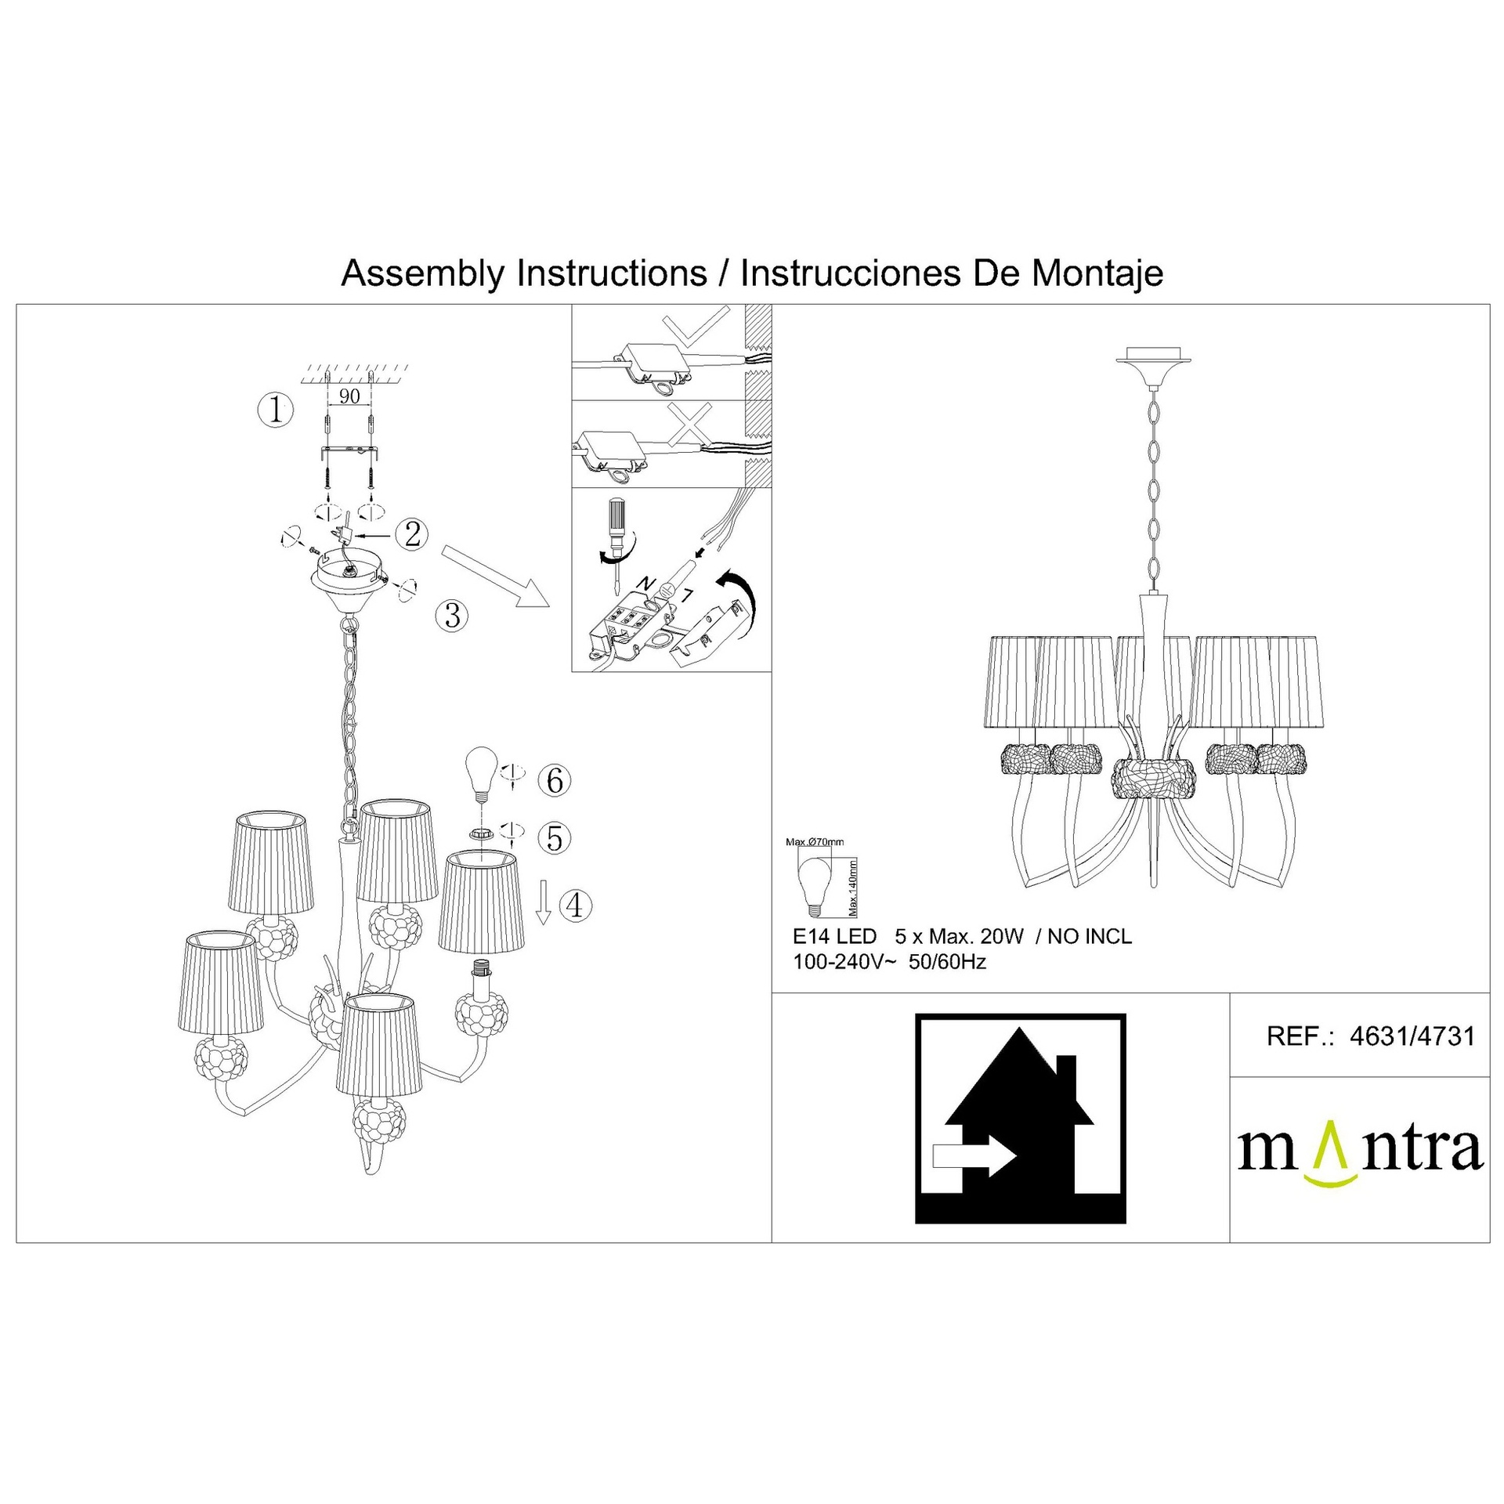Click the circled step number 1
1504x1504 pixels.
pyautogui.click(x=276, y=410)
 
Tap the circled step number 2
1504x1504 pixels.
pyautogui.click(x=413, y=534)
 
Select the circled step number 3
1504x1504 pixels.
pyautogui.click(x=453, y=615)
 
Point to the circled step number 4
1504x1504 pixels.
pyautogui.click(x=575, y=906)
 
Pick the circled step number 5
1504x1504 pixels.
pyautogui.click(x=555, y=838)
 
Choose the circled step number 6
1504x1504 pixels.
pyautogui.click(x=555, y=780)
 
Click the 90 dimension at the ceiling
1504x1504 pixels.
pyautogui.click(x=349, y=396)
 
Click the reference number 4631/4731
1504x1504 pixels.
pyautogui.click(x=1412, y=1036)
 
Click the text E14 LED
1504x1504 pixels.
pyautogui.click(x=834, y=937)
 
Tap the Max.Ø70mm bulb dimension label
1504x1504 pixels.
pyautogui.click(x=815, y=843)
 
